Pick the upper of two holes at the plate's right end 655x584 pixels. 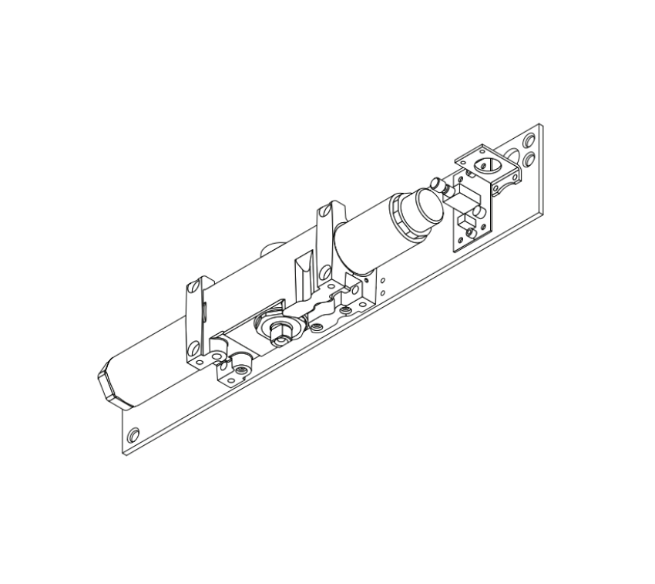(529, 142)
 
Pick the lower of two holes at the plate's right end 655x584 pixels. (529, 159)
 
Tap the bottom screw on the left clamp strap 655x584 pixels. (199, 360)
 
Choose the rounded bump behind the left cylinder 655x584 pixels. (271, 248)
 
